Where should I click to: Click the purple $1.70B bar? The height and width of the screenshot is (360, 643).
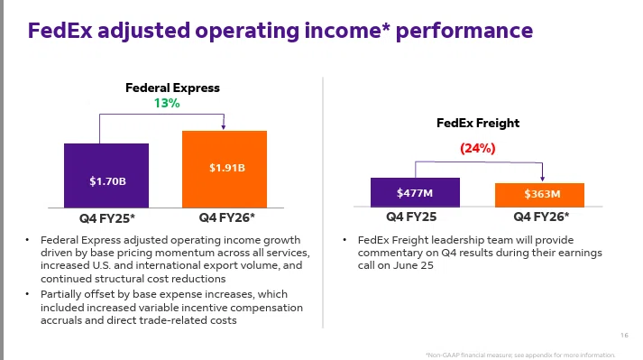106,175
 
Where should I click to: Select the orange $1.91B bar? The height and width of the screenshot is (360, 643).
225,169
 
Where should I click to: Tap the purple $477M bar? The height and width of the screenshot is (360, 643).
415,192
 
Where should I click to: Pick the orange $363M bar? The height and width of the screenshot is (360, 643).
539,195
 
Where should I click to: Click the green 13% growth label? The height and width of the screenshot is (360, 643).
167,103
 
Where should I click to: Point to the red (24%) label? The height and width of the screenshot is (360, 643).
478,148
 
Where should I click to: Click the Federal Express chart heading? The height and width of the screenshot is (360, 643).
172,88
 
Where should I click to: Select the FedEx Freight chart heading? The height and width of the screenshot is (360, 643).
478,123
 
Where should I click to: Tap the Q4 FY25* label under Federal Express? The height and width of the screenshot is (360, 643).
107,218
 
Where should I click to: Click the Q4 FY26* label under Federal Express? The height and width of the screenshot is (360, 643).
226,217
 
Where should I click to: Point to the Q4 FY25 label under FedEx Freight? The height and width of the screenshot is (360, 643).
411,217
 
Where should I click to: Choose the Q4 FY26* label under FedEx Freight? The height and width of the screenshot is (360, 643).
541,217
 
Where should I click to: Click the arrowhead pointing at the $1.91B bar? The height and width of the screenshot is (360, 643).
224,127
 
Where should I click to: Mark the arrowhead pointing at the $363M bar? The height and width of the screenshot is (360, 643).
543,179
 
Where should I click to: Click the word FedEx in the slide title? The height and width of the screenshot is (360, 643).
60,31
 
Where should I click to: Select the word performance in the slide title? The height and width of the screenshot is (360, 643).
464,32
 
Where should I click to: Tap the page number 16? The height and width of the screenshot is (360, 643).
624,336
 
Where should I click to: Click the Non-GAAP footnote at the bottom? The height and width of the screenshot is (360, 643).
520,355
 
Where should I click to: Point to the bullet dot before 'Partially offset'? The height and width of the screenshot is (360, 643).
27,294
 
